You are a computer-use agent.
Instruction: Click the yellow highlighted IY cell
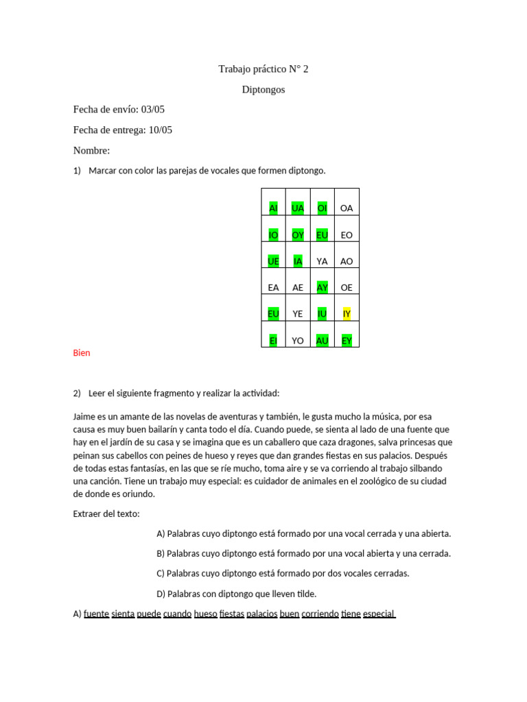tap(347, 314)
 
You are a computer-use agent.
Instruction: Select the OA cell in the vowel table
tap(347, 208)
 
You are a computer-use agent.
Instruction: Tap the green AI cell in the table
tap(273, 208)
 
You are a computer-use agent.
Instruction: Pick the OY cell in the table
tap(298, 235)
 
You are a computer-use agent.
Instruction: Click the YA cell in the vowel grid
tap(322, 261)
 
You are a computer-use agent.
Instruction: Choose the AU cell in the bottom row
tap(322, 340)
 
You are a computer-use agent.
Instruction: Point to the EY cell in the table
tap(347, 340)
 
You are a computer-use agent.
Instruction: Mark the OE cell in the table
tap(347, 288)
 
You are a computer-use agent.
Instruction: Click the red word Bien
tap(82, 353)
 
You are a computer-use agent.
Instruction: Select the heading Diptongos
tap(263, 90)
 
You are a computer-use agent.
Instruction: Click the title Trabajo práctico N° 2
tap(263, 69)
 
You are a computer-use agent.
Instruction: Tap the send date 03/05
tap(153, 110)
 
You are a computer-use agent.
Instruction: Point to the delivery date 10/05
tap(160, 130)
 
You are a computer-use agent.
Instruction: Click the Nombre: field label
tap(91, 151)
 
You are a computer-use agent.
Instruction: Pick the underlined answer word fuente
tap(96, 614)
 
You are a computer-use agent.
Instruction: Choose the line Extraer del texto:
tap(106, 513)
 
